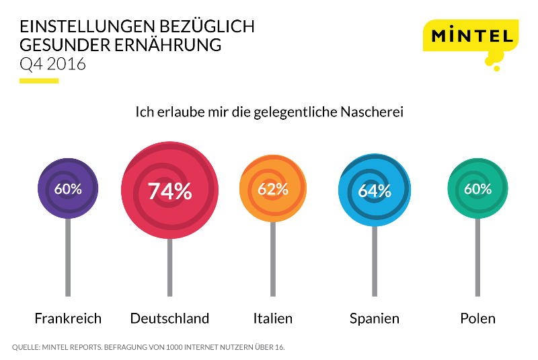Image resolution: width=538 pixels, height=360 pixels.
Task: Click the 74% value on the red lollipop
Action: point(169,191)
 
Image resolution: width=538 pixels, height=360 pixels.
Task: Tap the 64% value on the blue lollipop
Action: point(374,190)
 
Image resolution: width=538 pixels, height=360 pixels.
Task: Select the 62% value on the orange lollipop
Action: point(272,189)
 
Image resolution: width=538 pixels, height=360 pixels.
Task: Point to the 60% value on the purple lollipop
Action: point(68,189)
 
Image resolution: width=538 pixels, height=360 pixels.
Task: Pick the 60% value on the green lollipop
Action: point(477,189)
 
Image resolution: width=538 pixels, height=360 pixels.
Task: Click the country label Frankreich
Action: point(68,318)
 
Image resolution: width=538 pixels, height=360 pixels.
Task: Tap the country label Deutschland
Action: point(169,318)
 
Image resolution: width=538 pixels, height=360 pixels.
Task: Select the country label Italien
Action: point(272,318)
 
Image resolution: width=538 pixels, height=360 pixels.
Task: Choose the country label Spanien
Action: point(374,318)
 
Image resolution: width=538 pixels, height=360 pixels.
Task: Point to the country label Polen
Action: point(477,318)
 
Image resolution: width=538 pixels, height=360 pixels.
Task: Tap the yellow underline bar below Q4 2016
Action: point(39,81)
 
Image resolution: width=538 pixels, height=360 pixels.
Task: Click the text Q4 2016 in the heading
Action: point(53,65)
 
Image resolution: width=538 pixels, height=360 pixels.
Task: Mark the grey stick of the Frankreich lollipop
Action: point(68,259)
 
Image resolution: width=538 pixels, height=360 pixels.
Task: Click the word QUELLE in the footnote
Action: point(26,348)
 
